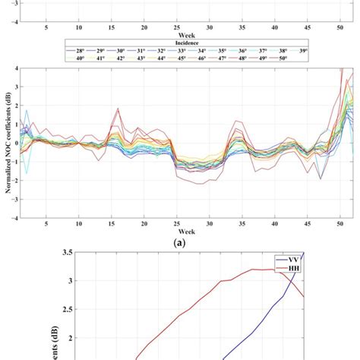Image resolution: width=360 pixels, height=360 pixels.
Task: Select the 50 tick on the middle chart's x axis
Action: click(340, 223)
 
